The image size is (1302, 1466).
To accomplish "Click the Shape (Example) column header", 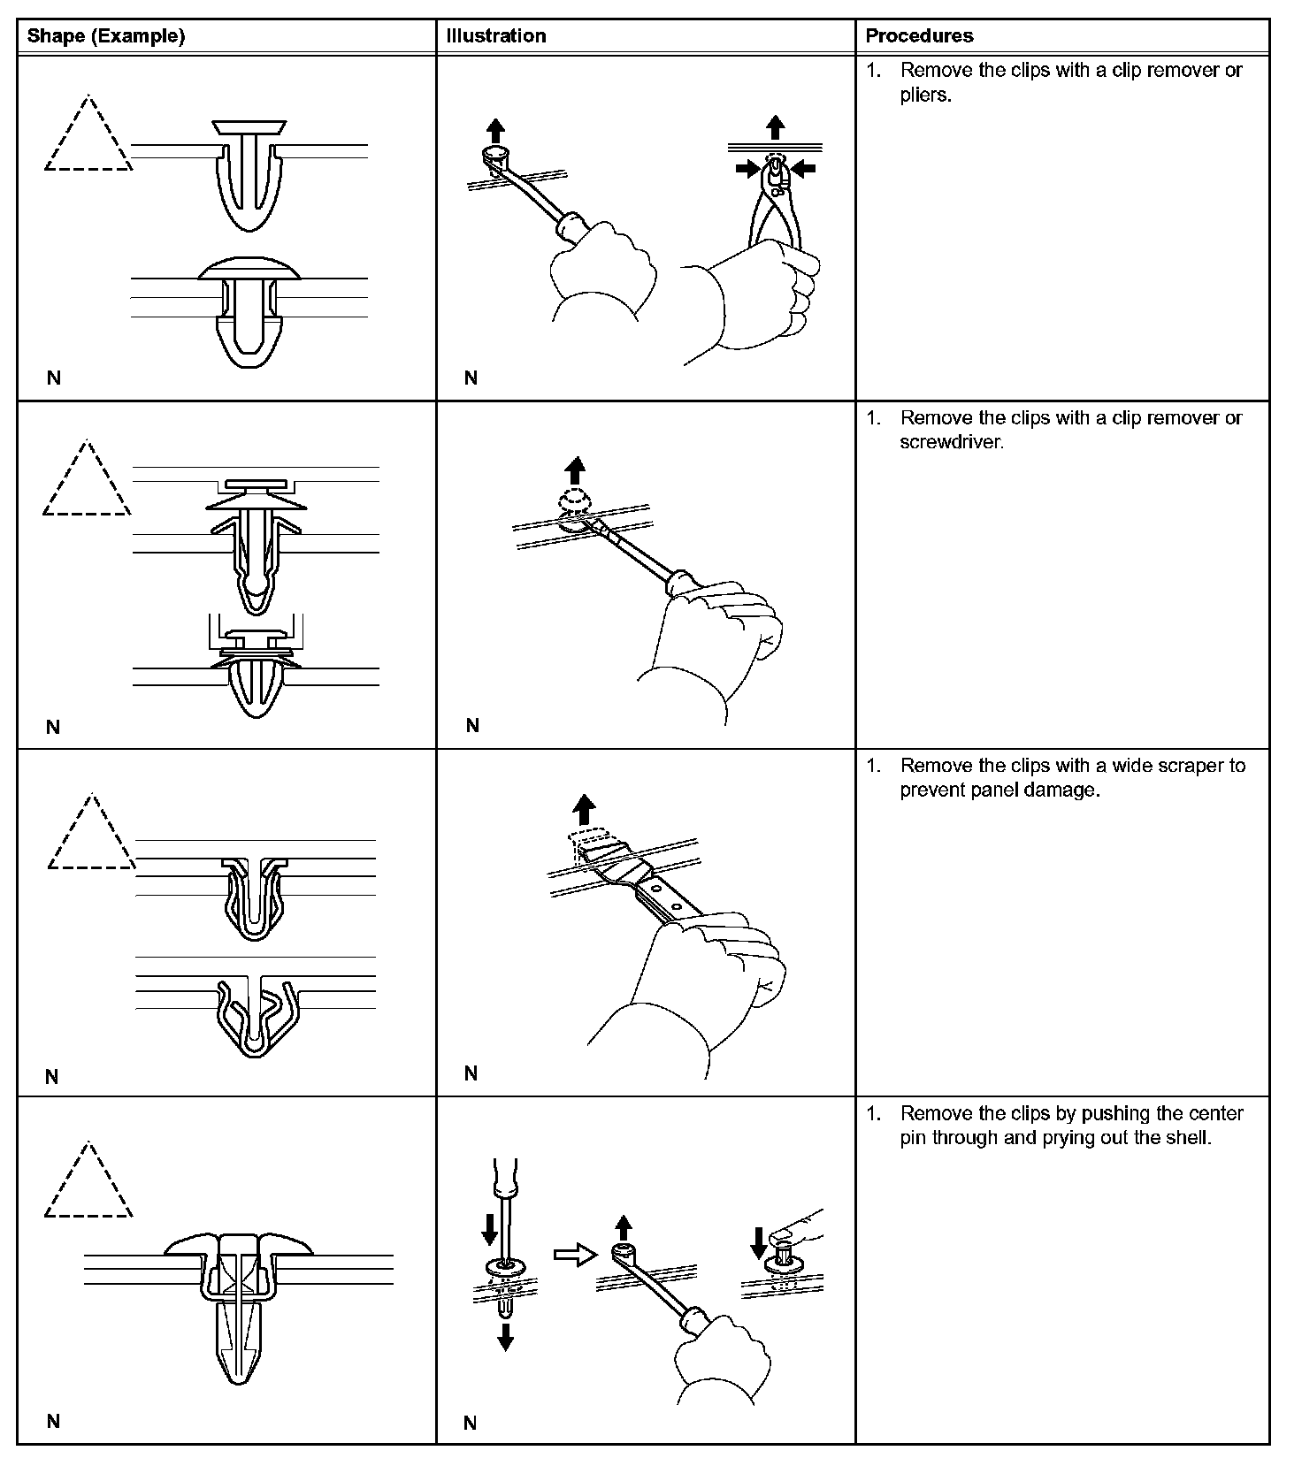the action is click(106, 36).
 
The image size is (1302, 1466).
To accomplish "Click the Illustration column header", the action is click(496, 36).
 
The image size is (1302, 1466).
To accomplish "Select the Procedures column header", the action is click(919, 36).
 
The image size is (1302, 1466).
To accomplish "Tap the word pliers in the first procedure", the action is click(924, 95).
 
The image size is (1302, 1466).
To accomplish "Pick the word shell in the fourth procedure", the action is click(1188, 1138).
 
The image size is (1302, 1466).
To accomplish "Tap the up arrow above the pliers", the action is click(776, 126).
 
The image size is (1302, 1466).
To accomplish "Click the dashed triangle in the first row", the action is click(88, 137).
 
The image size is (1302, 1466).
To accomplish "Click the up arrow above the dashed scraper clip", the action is click(583, 809).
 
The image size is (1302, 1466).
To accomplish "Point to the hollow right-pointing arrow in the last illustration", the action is click(575, 1256).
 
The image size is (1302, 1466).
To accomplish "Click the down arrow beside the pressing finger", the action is click(758, 1241).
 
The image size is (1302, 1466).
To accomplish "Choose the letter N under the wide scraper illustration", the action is click(471, 1073).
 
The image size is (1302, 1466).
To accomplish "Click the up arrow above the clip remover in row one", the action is click(495, 132).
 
